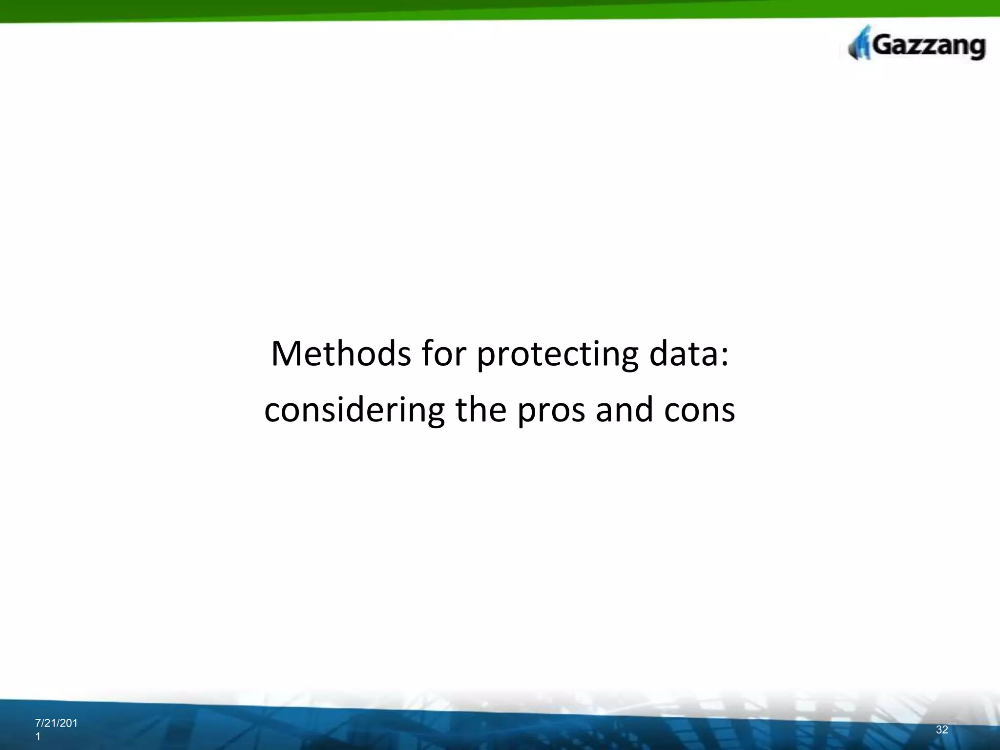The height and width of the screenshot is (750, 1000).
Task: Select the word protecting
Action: [557, 355]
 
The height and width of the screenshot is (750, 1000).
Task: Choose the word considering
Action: [354, 411]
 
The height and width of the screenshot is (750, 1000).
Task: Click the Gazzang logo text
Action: [928, 47]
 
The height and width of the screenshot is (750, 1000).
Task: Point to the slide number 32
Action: [942, 729]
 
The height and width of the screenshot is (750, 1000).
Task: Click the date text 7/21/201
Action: [56, 724]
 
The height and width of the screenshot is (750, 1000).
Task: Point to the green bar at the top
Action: [500, 9]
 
